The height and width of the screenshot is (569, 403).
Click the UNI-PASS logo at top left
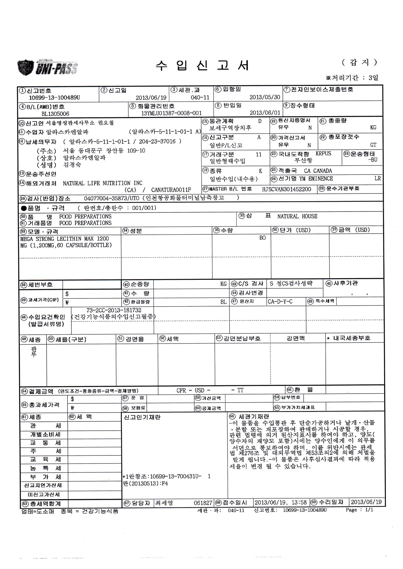click(47, 67)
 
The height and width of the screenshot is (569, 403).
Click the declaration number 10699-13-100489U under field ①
click(54, 98)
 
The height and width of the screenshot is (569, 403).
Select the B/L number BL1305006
click(55, 114)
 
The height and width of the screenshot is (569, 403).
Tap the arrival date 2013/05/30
click(265, 97)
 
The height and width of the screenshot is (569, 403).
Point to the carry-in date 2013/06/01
click(265, 113)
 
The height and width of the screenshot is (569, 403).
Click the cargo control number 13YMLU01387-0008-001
click(171, 113)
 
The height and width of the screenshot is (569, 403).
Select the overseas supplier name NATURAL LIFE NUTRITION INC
click(102, 183)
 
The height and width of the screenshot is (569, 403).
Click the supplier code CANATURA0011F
click(171, 190)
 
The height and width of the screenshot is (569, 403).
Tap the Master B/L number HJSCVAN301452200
click(286, 189)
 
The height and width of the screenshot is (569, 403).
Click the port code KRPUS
click(323, 154)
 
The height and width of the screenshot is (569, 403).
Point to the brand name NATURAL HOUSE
click(297, 216)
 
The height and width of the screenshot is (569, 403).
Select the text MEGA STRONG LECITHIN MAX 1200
click(64, 239)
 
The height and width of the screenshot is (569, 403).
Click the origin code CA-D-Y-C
click(280, 302)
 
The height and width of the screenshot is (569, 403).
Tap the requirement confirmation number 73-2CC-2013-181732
click(114, 310)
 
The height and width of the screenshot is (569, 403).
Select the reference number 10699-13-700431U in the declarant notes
click(176, 477)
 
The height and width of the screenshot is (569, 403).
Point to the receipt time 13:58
click(299, 502)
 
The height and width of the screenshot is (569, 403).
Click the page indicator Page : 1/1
click(359, 510)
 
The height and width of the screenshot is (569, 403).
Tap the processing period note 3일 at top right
click(373, 78)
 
